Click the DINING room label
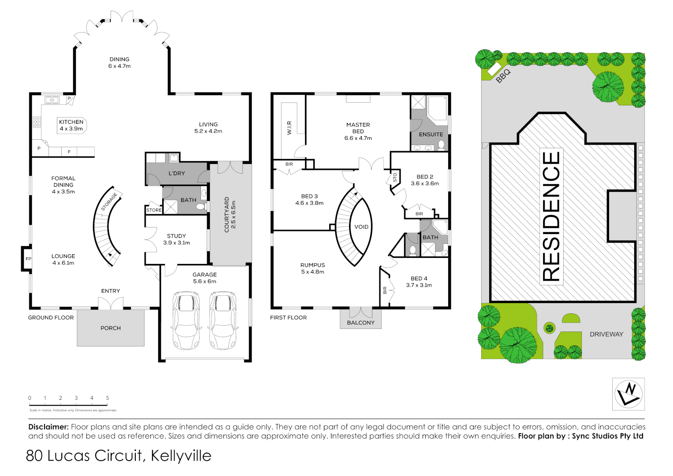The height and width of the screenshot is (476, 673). (119, 63)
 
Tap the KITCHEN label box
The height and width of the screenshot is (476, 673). (71, 125)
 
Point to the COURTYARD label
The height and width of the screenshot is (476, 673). (230, 215)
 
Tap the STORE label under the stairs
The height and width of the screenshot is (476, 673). (154, 210)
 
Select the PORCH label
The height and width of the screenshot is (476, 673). (111, 328)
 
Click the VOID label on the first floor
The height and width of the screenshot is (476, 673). (361, 227)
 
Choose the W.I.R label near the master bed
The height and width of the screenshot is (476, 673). (289, 128)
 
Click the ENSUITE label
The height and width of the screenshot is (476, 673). (431, 134)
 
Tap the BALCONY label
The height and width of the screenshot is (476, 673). (361, 323)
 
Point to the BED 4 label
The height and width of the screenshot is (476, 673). (419, 282)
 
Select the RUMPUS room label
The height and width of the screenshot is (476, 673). (312, 268)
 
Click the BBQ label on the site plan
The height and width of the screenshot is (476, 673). (503, 76)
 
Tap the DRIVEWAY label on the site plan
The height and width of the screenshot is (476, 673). (606, 334)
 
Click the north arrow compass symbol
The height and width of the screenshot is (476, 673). (628, 394)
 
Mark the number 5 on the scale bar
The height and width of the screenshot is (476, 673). (108, 398)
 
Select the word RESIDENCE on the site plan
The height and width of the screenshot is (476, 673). (551, 216)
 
